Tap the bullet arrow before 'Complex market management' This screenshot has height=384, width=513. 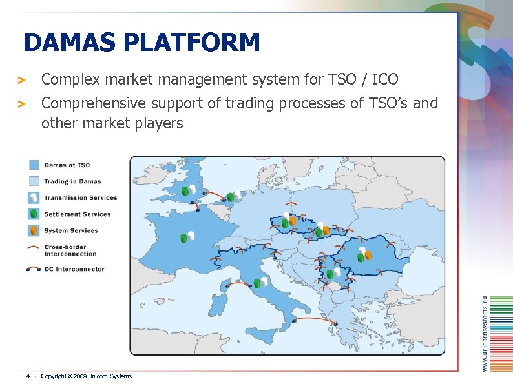[x=21, y=81]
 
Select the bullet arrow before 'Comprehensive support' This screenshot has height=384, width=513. [x=21, y=104]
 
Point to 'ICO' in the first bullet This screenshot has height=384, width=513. [x=386, y=79]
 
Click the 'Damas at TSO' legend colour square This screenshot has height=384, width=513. [x=34, y=165]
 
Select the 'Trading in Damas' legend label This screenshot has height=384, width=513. [x=72, y=181]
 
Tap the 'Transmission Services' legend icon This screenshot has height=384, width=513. [x=34, y=197]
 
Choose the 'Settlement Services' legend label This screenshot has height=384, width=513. [x=77, y=214]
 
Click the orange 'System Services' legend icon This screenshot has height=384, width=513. [x=34, y=230]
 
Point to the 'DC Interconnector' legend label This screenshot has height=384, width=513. [x=74, y=269]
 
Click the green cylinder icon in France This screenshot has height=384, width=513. [x=183, y=238]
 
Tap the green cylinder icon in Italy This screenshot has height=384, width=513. [x=257, y=283]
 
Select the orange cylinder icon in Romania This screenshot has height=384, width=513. [x=368, y=256]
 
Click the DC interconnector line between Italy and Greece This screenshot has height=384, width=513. [x=315, y=319]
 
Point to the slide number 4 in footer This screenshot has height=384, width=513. [x=27, y=376]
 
